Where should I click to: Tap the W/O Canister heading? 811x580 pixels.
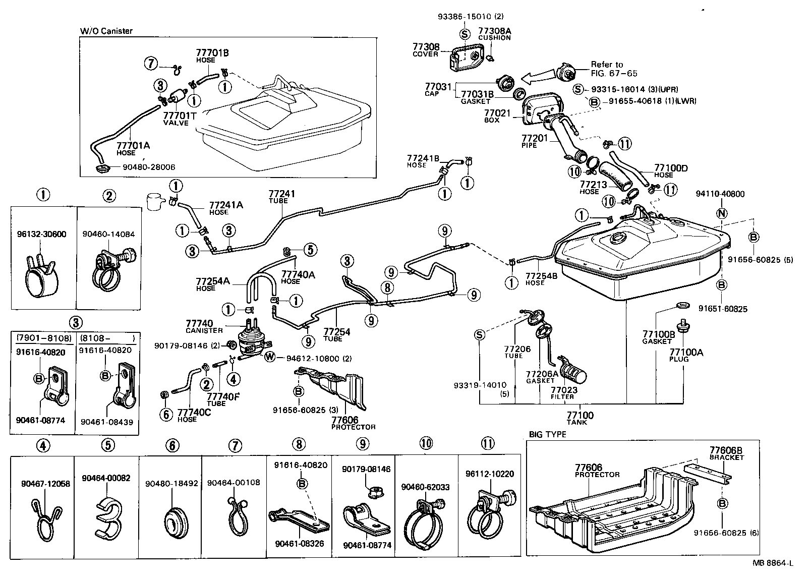106,31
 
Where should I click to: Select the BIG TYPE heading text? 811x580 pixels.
547,434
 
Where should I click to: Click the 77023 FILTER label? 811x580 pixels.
564,393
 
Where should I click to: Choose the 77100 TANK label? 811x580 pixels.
580,418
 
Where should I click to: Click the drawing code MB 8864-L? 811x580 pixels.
773,563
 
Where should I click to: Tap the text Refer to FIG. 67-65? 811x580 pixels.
614,69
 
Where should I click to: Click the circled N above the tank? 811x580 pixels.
722,213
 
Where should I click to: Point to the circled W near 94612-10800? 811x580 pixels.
270,358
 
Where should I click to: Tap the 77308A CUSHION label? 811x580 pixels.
494,34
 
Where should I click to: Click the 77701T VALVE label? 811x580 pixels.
179,119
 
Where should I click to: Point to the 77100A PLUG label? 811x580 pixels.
686,355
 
